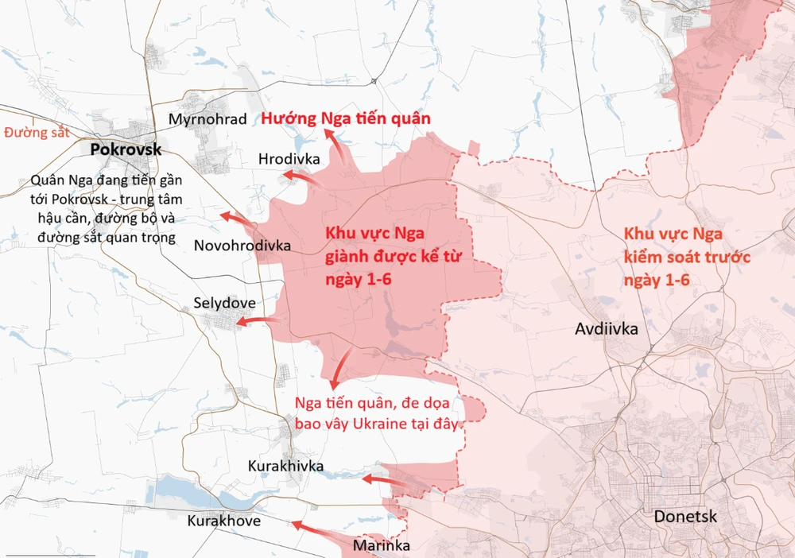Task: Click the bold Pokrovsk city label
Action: coord(126,149)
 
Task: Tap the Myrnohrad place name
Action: coord(203,118)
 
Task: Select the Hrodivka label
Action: coord(289,159)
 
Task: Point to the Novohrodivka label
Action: coord(242,246)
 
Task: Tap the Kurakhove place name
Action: coord(223,521)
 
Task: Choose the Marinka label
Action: coord(382,546)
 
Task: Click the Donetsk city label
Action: coord(685,517)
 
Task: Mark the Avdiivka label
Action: coord(607,327)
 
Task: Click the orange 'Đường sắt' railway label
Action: coord(37,132)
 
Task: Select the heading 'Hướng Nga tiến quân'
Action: coord(347,118)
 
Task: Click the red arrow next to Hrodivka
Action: coord(301,176)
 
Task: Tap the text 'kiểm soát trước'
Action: coord(688,258)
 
